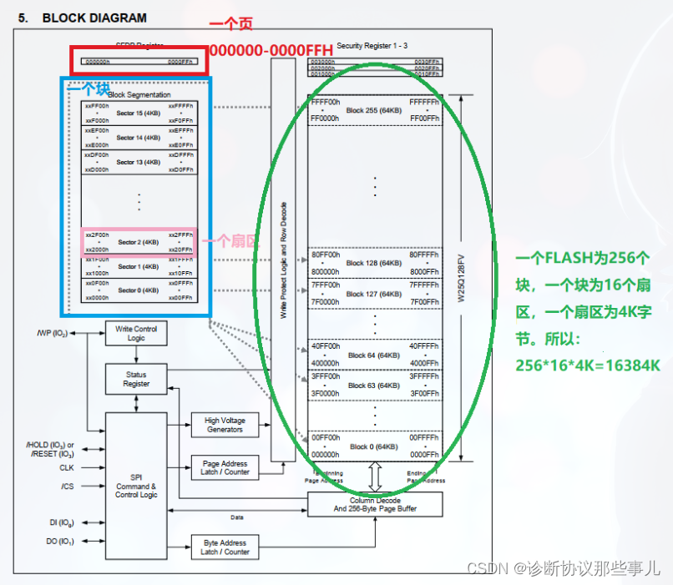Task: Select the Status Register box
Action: (x=136, y=380)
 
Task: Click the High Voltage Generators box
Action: (x=225, y=425)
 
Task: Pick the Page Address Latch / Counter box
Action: (x=225, y=467)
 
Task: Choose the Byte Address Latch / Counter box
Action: (x=225, y=547)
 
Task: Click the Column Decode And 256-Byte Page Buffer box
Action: (x=375, y=504)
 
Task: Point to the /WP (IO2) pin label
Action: (x=53, y=334)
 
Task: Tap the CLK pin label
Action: (x=66, y=467)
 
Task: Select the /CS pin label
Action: (x=67, y=486)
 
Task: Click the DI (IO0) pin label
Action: (x=60, y=522)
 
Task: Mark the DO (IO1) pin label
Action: (x=59, y=542)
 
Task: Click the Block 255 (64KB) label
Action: (x=373, y=110)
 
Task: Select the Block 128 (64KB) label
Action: (x=373, y=263)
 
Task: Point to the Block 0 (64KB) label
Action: (x=373, y=447)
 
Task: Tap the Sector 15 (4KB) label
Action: (x=138, y=113)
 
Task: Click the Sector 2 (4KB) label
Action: (x=138, y=242)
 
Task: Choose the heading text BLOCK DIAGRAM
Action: (x=94, y=18)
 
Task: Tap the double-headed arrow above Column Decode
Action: (x=375, y=478)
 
